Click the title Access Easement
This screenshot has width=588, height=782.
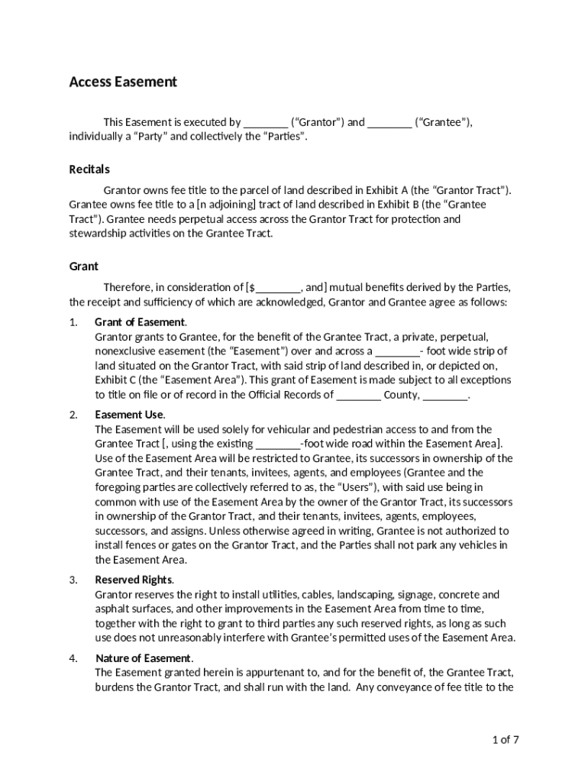(x=123, y=82)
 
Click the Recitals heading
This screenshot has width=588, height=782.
(x=89, y=169)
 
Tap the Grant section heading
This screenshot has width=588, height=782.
(x=83, y=266)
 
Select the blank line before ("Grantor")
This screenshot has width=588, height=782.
(x=266, y=122)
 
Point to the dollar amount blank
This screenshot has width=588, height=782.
(x=278, y=288)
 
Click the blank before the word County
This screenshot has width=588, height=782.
(x=358, y=395)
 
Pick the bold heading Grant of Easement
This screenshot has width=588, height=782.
(x=140, y=322)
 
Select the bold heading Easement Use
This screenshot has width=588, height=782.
(x=129, y=415)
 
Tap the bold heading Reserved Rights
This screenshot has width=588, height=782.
(x=134, y=580)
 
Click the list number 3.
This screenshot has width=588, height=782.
(x=73, y=580)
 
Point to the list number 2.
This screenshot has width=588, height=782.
(x=73, y=415)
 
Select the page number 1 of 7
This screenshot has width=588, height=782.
(x=506, y=739)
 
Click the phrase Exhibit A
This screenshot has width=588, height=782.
(x=386, y=190)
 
